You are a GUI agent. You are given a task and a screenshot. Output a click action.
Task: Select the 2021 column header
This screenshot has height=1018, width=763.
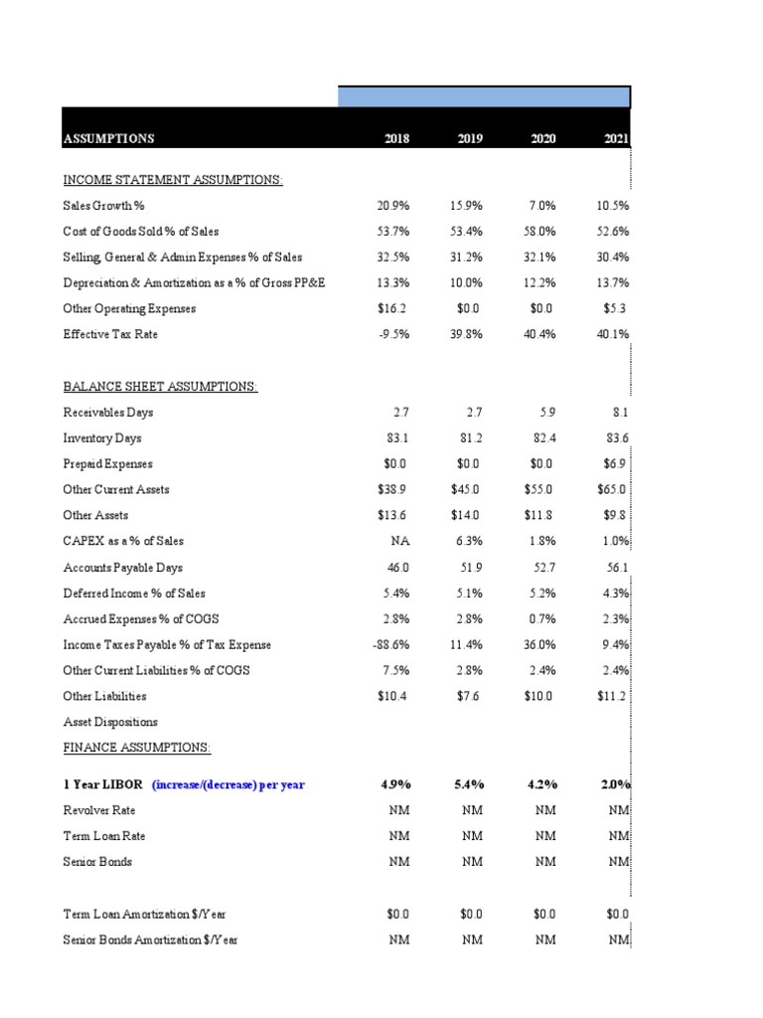616,138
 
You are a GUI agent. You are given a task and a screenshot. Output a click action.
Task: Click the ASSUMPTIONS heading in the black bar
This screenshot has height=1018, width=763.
109,138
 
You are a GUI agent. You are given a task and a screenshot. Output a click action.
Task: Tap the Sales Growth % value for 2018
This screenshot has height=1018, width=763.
393,206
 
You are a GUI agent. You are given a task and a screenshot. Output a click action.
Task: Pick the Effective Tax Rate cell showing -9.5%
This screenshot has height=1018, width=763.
394,335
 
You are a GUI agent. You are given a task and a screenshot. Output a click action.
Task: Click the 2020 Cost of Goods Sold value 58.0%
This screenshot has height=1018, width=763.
541,232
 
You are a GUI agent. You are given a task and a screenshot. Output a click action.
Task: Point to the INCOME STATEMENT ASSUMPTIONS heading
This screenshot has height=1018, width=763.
173,180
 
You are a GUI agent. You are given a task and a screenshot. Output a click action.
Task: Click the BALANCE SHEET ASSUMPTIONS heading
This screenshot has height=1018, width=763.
160,387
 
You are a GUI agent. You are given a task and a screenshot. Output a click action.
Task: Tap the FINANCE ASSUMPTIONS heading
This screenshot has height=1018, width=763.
137,748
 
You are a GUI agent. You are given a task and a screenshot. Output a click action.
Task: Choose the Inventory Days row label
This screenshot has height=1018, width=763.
102,438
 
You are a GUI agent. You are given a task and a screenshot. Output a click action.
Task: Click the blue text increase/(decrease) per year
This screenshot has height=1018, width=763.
229,784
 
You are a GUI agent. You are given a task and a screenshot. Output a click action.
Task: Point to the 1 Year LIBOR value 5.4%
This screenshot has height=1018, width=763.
467,784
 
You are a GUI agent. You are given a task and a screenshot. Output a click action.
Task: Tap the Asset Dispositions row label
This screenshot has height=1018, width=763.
110,723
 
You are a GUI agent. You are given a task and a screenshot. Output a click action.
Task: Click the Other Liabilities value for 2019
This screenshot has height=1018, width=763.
469,697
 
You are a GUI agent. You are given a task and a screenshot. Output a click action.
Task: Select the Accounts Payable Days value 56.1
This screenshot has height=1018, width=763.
617,568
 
